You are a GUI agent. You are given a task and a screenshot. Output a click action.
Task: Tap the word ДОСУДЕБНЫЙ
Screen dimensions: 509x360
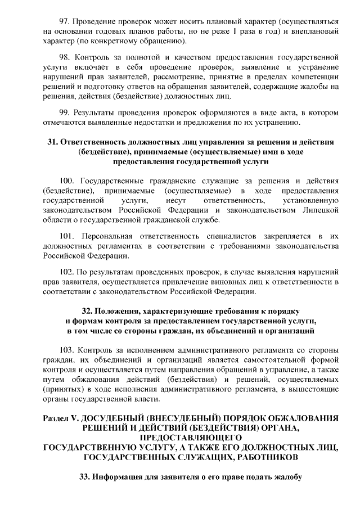tap(131, 418)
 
